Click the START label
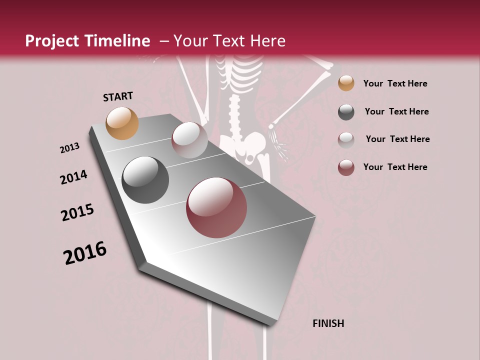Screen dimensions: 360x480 coord(118,96)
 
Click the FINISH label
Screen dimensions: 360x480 coord(328,323)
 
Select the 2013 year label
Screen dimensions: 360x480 coord(69,147)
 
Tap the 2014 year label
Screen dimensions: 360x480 coord(73,177)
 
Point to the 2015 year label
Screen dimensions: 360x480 coord(77,212)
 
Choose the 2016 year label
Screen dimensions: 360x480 coord(85,253)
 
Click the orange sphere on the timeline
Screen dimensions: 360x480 coord(122,123)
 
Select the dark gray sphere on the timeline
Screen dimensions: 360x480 coord(145,180)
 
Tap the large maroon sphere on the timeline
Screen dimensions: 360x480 coord(216,207)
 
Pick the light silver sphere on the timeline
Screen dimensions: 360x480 coord(189,139)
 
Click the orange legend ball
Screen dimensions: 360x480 coord(346,83)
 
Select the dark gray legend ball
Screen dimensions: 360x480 coord(346,112)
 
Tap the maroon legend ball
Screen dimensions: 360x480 coord(346,167)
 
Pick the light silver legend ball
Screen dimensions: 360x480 coord(346,139)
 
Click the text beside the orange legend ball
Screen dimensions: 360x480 coord(395,83)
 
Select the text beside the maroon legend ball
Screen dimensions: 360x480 coord(395,167)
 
